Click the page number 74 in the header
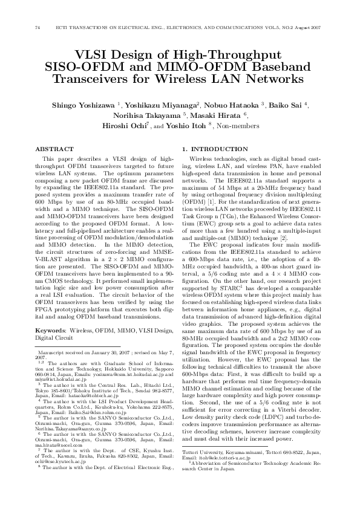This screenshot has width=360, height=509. (x=38, y=28)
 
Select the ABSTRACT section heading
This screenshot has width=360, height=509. (x=51, y=148)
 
